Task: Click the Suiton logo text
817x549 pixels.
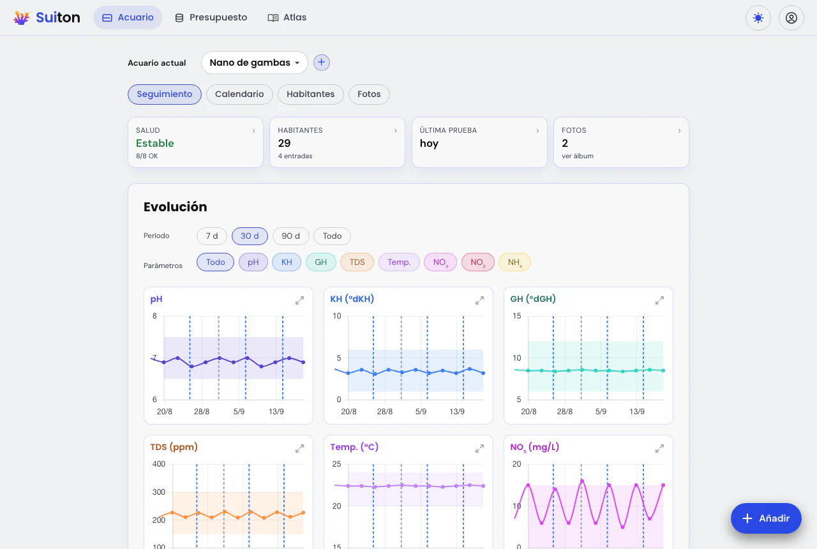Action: [x=58, y=17]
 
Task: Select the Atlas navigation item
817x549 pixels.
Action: [x=287, y=17]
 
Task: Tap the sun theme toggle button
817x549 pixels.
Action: [x=758, y=18]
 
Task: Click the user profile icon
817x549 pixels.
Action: [x=791, y=18]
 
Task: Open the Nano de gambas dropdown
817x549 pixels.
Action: [x=254, y=63]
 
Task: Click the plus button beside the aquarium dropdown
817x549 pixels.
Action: [x=321, y=63]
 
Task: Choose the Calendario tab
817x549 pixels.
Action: [x=239, y=94]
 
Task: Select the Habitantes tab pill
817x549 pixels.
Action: [x=310, y=94]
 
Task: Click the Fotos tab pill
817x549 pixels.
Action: [x=369, y=94]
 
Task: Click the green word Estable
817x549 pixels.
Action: [x=155, y=144]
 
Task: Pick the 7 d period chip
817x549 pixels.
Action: [x=212, y=236]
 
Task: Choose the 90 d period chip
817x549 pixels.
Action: [x=290, y=236]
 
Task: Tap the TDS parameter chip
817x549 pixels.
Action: [x=357, y=262]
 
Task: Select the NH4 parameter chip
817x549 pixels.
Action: [x=514, y=262]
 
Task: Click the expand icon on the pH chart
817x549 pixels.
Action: [x=299, y=300]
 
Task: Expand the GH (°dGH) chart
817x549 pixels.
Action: [x=659, y=300]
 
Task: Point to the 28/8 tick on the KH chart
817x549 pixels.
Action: [x=384, y=412]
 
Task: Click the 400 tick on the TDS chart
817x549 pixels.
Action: [x=159, y=464]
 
